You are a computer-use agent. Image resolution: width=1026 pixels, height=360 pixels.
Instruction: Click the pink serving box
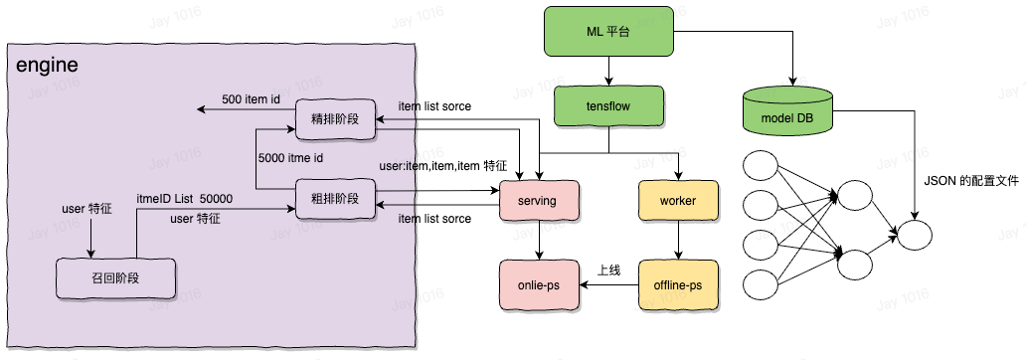tap(538, 201)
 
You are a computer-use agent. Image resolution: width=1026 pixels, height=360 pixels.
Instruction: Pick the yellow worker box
tap(677, 201)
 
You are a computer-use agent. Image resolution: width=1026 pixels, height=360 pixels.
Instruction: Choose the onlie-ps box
tap(538, 284)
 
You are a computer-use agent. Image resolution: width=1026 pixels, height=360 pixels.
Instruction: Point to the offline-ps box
tap(677, 284)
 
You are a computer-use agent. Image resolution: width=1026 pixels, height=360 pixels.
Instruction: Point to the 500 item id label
tap(251, 99)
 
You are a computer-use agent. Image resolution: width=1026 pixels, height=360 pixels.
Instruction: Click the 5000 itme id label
tap(290, 157)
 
